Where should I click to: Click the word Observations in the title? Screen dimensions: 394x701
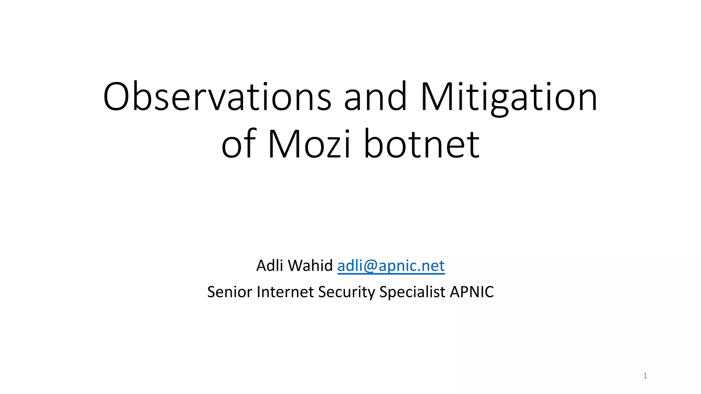coord(217,97)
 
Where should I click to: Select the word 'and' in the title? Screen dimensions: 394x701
coord(375,97)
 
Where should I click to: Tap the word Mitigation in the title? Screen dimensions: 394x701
coord(509,97)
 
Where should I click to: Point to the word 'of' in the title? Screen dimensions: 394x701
coord(239,144)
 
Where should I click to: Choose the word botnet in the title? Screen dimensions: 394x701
coord(422,144)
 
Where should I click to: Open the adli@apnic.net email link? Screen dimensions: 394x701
coord(391,266)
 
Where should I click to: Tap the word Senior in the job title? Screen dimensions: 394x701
coord(230,292)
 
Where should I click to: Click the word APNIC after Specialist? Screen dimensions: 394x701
coord(472,292)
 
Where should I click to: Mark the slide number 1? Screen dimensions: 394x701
coord(645,376)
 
